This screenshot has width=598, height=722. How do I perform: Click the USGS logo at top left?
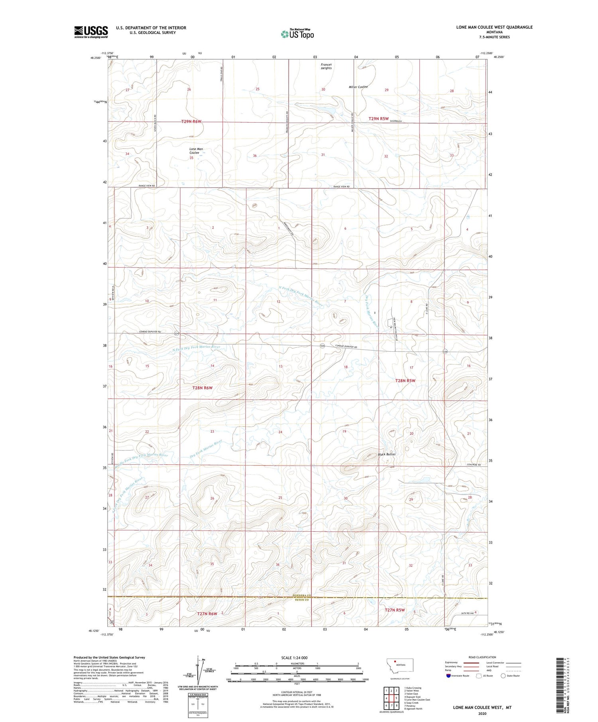tap(91, 32)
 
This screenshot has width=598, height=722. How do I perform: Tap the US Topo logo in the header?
tap(297, 34)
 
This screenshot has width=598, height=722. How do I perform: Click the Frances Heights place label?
tap(326, 66)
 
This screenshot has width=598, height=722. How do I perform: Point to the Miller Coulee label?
tap(358, 87)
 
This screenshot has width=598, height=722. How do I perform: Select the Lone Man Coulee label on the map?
tap(196, 151)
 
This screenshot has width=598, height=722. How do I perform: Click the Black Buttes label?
tap(386, 454)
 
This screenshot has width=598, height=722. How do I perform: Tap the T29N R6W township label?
tap(193, 121)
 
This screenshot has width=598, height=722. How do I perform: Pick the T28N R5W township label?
tap(405, 381)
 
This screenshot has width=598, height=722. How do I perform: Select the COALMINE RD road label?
tap(474, 465)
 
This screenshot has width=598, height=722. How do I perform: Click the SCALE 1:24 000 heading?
tap(294, 657)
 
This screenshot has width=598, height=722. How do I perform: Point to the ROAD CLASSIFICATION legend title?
tap(482, 657)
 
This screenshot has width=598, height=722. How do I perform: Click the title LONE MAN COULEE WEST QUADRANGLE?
tap(494, 27)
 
